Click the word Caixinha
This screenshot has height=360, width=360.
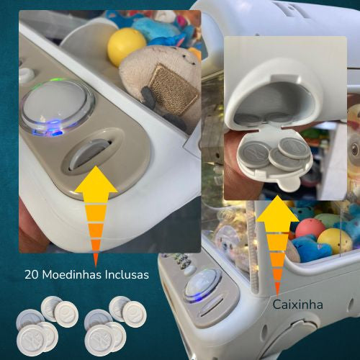[x=297, y=305]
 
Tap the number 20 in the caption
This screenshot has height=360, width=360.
[x=32, y=274]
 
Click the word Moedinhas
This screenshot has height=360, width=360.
[x=72, y=274]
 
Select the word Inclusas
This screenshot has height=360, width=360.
[x=127, y=274]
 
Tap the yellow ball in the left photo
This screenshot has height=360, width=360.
[x=127, y=46]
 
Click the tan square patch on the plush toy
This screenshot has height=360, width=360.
[x=174, y=89]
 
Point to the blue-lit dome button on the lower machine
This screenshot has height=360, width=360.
[x=203, y=285]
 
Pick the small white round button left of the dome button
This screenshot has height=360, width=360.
[x=26, y=73]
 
